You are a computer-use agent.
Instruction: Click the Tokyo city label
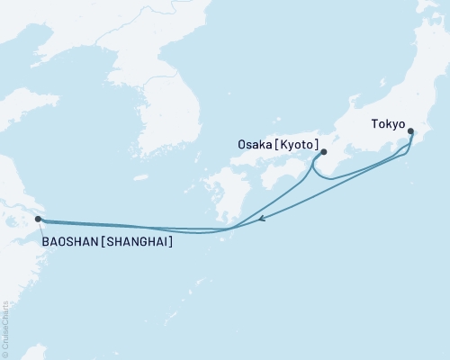coord(389,126)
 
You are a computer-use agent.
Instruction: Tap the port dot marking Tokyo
coord(411,132)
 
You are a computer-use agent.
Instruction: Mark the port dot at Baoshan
coord(37,219)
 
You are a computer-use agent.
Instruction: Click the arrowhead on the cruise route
coord(261,218)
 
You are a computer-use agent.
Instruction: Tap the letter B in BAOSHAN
coord(45,241)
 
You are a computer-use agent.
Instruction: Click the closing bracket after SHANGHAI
coord(171,241)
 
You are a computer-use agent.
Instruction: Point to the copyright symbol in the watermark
coord(7,353)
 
